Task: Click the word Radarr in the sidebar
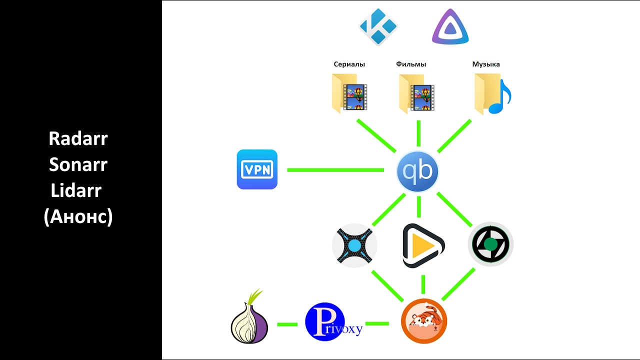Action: tap(78, 138)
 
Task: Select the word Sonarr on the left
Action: tap(78, 164)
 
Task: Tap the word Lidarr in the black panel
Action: tap(76, 190)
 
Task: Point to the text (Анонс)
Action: tap(78, 216)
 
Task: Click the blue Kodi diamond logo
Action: tap(378, 26)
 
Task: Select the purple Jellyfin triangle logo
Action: tap(450, 27)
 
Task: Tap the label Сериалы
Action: tap(349, 64)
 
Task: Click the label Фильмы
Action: tap(411, 64)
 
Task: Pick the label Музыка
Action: tap(486, 64)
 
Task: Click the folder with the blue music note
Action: tap(492, 94)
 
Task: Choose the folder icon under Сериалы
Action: tap(349, 93)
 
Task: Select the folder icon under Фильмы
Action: tap(416, 93)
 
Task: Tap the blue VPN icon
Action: tap(257, 169)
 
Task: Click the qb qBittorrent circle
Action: tap(417, 171)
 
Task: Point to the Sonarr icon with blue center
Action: tap(354, 245)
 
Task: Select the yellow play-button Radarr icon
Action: tap(423, 245)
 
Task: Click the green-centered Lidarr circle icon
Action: tap(490, 244)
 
